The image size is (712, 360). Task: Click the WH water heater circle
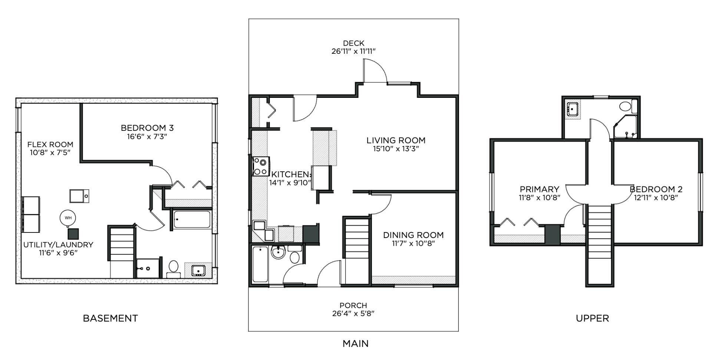click(68, 218)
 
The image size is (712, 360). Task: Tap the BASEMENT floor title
click(110, 318)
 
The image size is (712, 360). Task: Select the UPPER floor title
click(592, 318)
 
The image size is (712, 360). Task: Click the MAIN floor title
click(355, 344)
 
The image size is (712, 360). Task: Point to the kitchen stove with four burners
click(261, 166)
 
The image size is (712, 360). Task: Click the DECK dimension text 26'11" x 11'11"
click(353, 52)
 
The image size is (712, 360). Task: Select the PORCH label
click(353, 305)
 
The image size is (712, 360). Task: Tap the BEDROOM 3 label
click(147, 128)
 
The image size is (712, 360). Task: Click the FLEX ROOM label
click(50, 145)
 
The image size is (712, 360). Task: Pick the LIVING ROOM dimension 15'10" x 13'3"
click(396, 149)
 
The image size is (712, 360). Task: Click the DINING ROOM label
click(413, 235)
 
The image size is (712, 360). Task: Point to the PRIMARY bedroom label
click(539, 189)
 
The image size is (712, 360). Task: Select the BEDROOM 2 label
click(656, 189)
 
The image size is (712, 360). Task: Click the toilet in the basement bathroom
click(173, 267)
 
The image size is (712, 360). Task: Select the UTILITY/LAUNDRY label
click(58, 245)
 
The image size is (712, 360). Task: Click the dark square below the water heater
click(73, 234)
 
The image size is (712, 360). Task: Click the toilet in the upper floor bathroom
click(626, 106)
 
